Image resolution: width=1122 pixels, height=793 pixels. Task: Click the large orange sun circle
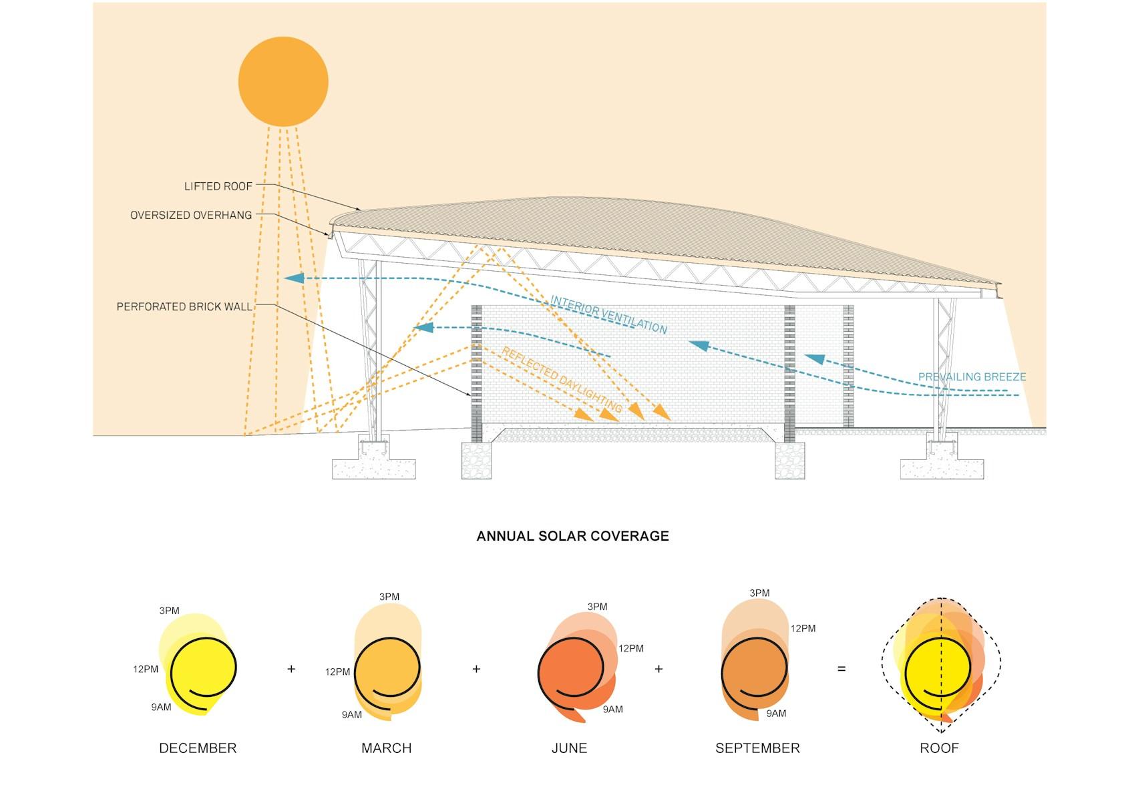283,81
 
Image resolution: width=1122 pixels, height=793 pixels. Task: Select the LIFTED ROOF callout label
218,186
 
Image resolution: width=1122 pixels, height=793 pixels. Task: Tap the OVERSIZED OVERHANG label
191,215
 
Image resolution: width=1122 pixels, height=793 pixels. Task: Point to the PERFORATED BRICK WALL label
184,306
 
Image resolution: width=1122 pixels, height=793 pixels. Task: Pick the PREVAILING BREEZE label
972,376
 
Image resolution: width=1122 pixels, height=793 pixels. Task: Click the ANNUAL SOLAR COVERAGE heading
572,536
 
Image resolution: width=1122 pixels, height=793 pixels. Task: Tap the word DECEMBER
198,748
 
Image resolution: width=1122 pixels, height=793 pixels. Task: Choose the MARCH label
386,748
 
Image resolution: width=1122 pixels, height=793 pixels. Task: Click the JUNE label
569,748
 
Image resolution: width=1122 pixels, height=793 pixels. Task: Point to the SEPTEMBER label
757,748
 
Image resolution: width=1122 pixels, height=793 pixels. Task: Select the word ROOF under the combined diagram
939,748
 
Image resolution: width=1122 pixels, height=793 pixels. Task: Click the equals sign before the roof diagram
841,669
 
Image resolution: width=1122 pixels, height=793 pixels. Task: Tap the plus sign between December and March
291,669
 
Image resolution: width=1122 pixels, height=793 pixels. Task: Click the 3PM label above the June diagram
597,607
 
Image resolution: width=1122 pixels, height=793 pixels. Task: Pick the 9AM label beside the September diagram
776,714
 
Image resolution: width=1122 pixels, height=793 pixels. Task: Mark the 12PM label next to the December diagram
146,669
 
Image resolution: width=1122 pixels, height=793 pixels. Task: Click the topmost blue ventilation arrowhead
295,278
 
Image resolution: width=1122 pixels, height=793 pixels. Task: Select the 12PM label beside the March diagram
337,672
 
